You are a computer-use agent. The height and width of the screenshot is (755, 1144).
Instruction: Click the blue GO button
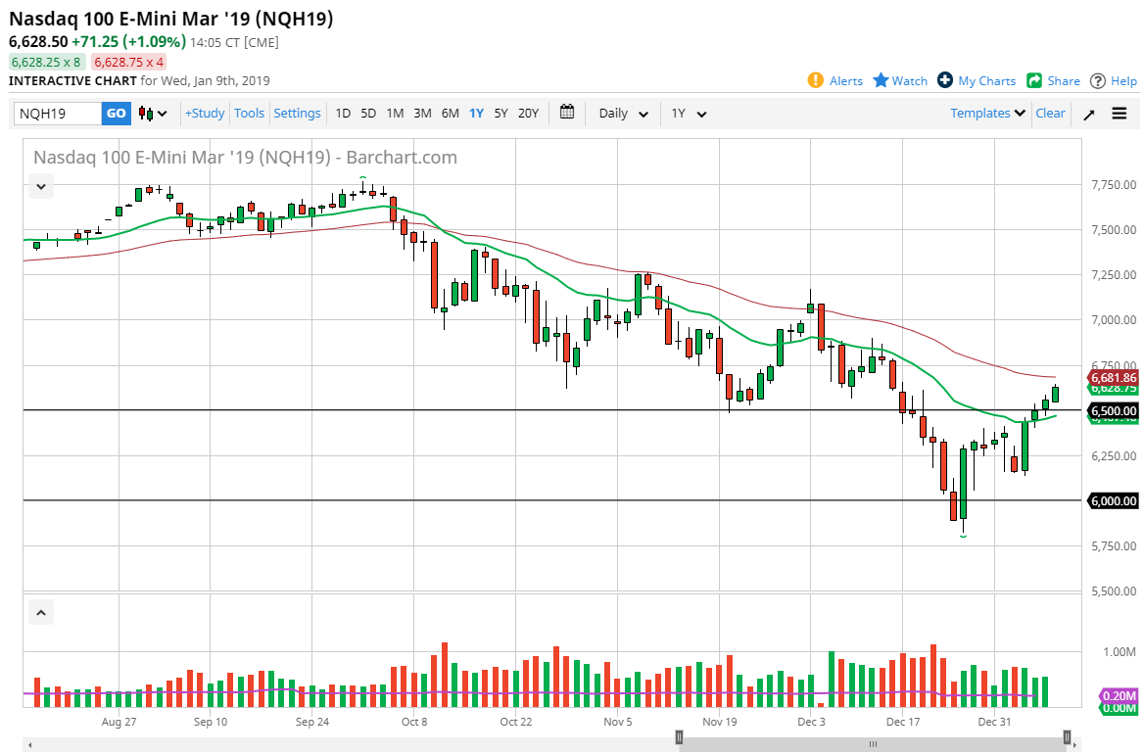[x=116, y=114]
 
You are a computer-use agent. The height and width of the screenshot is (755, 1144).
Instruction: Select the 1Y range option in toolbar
[x=476, y=114]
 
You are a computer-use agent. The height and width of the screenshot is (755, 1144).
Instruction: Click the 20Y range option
[x=528, y=114]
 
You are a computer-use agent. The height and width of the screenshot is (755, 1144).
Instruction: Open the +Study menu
[x=205, y=114]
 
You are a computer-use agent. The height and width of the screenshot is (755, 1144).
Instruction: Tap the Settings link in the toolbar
[x=297, y=114]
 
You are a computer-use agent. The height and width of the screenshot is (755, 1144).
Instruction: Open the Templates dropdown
[x=987, y=114]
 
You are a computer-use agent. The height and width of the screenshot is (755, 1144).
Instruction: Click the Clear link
[x=1050, y=114]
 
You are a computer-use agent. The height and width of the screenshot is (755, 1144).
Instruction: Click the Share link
[x=1054, y=81]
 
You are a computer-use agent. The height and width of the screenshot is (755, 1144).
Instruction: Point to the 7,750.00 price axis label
[x=1115, y=185]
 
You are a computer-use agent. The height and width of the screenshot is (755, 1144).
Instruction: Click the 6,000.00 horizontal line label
[x=1114, y=501]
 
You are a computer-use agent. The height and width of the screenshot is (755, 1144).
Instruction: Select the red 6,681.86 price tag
[x=1114, y=378]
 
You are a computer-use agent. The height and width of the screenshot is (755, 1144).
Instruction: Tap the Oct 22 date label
[x=515, y=722]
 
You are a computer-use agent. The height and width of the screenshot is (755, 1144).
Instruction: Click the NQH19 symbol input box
[x=58, y=114]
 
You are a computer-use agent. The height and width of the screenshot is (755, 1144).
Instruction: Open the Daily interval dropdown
[x=623, y=114]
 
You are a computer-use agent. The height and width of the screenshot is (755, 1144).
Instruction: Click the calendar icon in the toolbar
[x=567, y=113]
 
